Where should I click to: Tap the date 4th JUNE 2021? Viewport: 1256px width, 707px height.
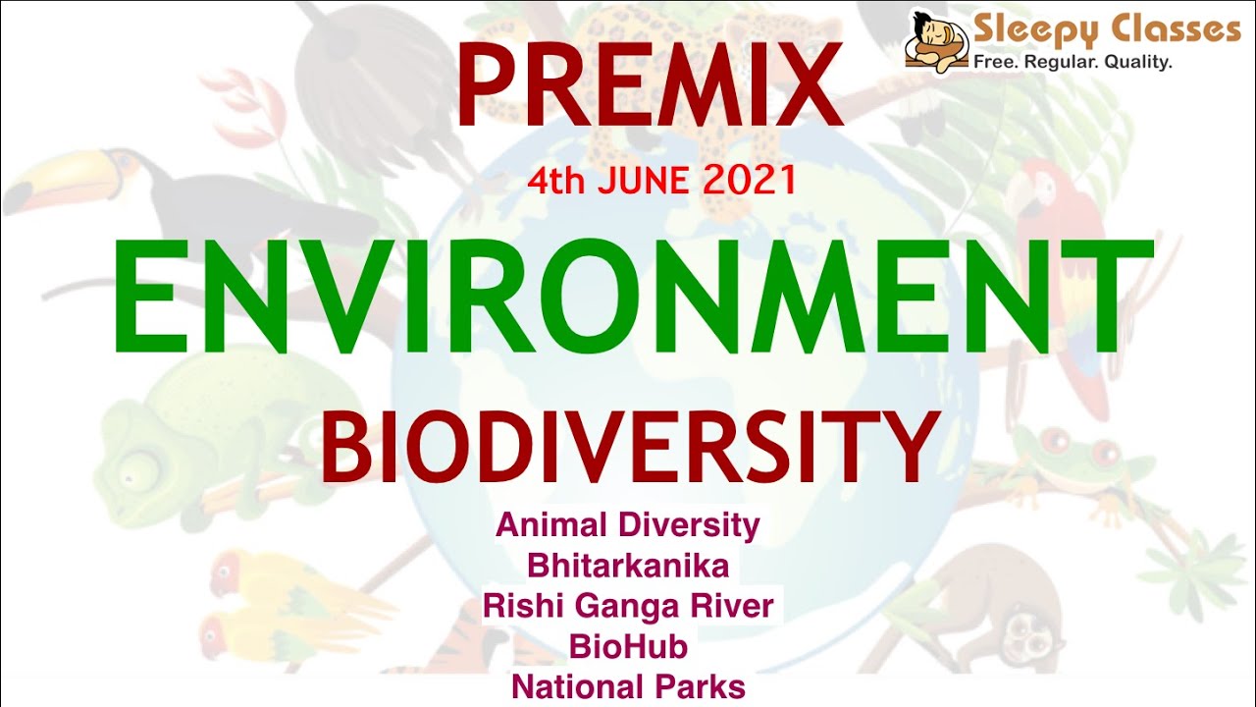point(660,181)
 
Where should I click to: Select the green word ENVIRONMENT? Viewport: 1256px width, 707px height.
point(633,295)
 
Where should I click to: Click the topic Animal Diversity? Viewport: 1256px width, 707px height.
point(628,525)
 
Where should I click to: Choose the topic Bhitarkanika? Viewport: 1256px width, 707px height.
point(628,566)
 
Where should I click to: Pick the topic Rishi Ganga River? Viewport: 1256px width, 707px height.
point(628,606)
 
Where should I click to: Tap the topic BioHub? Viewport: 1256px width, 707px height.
point(628,646)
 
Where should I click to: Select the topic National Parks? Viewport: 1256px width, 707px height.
point(628,686)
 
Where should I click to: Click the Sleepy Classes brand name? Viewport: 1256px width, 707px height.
point(1107,30)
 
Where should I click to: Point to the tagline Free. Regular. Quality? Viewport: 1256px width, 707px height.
point(1073,63)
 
